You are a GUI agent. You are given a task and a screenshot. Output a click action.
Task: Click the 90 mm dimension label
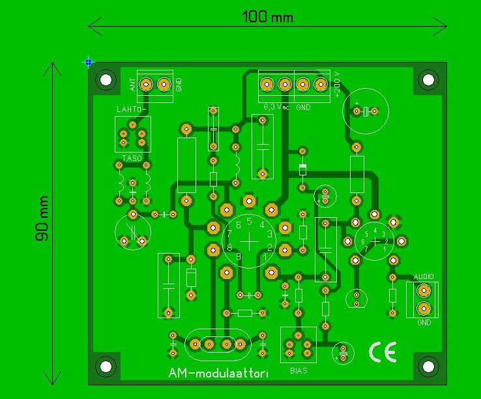(x=42, y=218)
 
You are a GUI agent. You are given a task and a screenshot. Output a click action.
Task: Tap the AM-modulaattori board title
(x=218, y=374)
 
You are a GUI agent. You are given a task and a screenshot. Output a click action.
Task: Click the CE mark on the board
(x=382, y=352)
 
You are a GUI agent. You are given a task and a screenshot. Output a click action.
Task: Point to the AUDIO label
(x=422, y=277)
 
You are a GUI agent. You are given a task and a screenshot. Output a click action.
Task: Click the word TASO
(x=132, y=159)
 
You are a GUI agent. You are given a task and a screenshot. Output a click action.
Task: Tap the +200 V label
(x=337, y=83)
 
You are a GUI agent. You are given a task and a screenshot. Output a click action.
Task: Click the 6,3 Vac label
(x=276, y=106)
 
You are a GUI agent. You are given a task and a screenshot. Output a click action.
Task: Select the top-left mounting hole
(x=104, y=80)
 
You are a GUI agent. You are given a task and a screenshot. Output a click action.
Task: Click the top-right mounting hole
(x=428, y=80)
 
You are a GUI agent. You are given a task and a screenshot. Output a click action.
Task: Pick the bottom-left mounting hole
(x=104, y=366)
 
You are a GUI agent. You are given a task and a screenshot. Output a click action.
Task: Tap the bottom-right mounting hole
(x=428, y=366)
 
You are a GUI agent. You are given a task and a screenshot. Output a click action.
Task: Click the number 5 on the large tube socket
(x=250, y=221)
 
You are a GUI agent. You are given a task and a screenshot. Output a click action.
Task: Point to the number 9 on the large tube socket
(x=239, y=256)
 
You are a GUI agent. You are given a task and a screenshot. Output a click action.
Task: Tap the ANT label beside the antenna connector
(x=132, y=84)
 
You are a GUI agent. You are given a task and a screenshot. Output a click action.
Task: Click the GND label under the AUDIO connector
(x=424, y=322)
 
